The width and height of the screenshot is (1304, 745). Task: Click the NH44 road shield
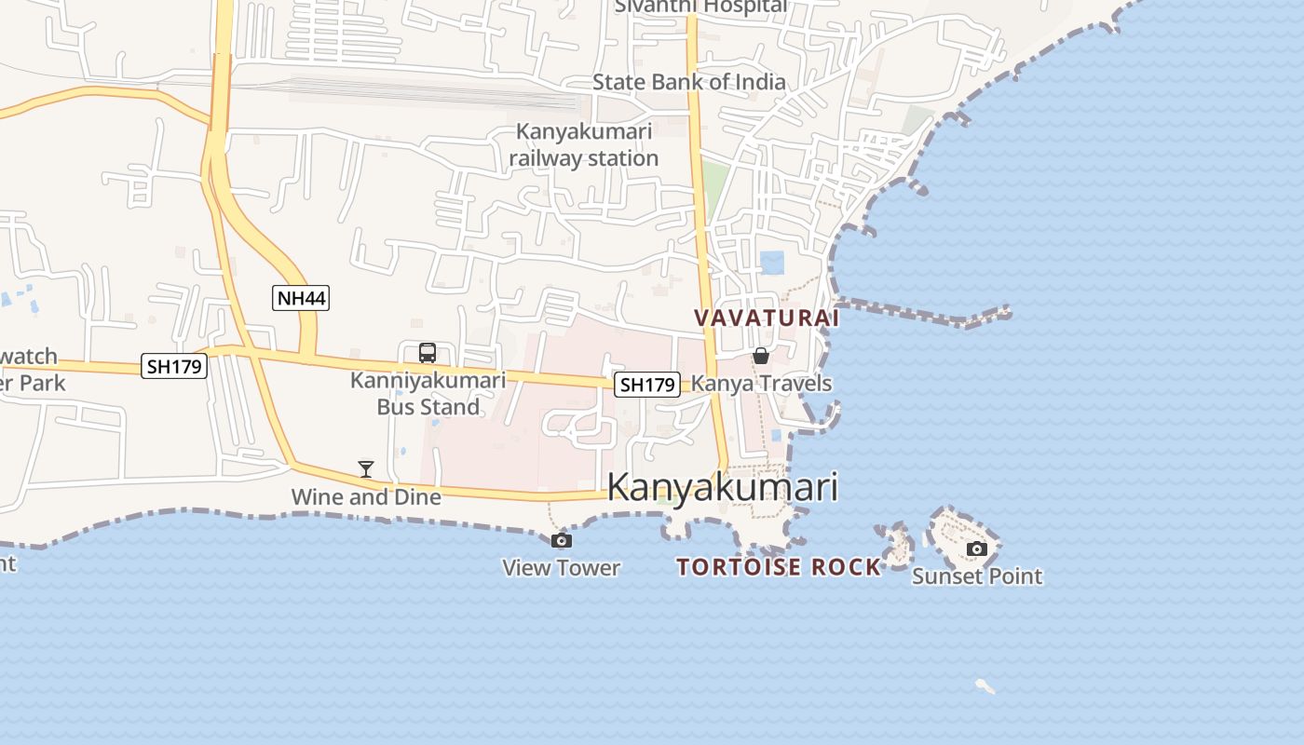pos(301,298)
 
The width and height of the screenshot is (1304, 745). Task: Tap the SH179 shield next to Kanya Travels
pos(646,384)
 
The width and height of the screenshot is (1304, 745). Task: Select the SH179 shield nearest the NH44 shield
pos(173,366)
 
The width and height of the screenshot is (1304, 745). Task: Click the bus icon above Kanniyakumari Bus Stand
pos(428,353)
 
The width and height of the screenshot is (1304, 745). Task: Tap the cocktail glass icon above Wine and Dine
pos(366,468)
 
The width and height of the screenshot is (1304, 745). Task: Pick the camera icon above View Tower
pos(562,540)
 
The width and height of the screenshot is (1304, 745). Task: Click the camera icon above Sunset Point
pos(976,549)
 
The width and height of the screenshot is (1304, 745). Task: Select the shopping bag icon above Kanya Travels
pos(761,356)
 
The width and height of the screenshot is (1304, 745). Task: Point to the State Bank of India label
pos(689,82)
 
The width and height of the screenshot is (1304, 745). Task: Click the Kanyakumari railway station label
pos(584,145)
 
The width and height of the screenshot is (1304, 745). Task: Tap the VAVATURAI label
pos(767,318)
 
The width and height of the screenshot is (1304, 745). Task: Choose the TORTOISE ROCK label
pos(779,566)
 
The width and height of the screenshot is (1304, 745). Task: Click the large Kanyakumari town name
pos(723,487)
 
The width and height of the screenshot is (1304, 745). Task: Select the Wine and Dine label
pos(366,496)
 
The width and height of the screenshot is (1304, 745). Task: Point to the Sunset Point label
pos(977,576)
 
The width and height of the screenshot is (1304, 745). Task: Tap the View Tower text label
pos(562,567)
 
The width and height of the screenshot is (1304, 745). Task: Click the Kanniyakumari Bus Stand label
pos(428,393)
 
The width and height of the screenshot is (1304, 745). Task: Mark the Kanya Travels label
pos(761,383)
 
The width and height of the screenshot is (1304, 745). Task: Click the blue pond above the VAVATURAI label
pos(772,263)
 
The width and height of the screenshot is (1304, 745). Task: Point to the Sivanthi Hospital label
pos(700,7)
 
